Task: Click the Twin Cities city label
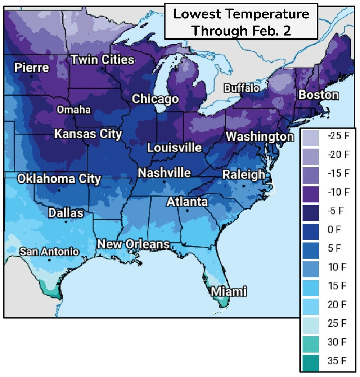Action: point(102,60)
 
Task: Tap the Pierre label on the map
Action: point(32,68)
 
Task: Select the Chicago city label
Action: point(155,99)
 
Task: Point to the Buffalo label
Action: point(242,88)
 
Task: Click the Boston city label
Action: point(319,95)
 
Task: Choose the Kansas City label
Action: point(88,134)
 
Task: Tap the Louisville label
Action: point(174,148)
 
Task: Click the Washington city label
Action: point(260,137)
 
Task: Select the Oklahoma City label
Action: point(59,179)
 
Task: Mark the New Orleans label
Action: point(133,244)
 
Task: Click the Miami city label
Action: point(229,291)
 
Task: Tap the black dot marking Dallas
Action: point(66,222)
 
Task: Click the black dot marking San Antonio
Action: point(49,260)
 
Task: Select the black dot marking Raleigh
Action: point(244,186)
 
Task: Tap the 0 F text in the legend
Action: point(334,230)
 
